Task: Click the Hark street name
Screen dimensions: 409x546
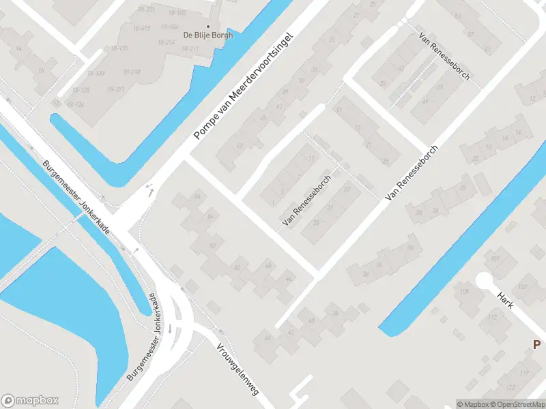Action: tap(505, 301)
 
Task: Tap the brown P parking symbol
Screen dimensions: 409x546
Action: tap(537, 345)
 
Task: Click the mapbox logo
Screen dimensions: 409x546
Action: tap(30, 401)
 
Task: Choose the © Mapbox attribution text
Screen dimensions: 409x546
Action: tap(472, 404)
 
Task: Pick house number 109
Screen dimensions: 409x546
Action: tap(465, 292)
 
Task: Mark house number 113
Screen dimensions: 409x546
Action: tap(492, 317)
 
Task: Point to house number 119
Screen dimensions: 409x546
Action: tap(524, 373)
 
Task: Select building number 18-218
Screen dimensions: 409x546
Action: tap(132, 72)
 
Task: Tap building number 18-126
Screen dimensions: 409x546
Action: tap(75, 104)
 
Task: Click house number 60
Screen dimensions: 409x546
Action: tap(237, 267)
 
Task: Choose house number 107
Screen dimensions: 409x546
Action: tap(495, 258)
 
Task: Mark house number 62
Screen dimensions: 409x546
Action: tap(212, 245)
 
